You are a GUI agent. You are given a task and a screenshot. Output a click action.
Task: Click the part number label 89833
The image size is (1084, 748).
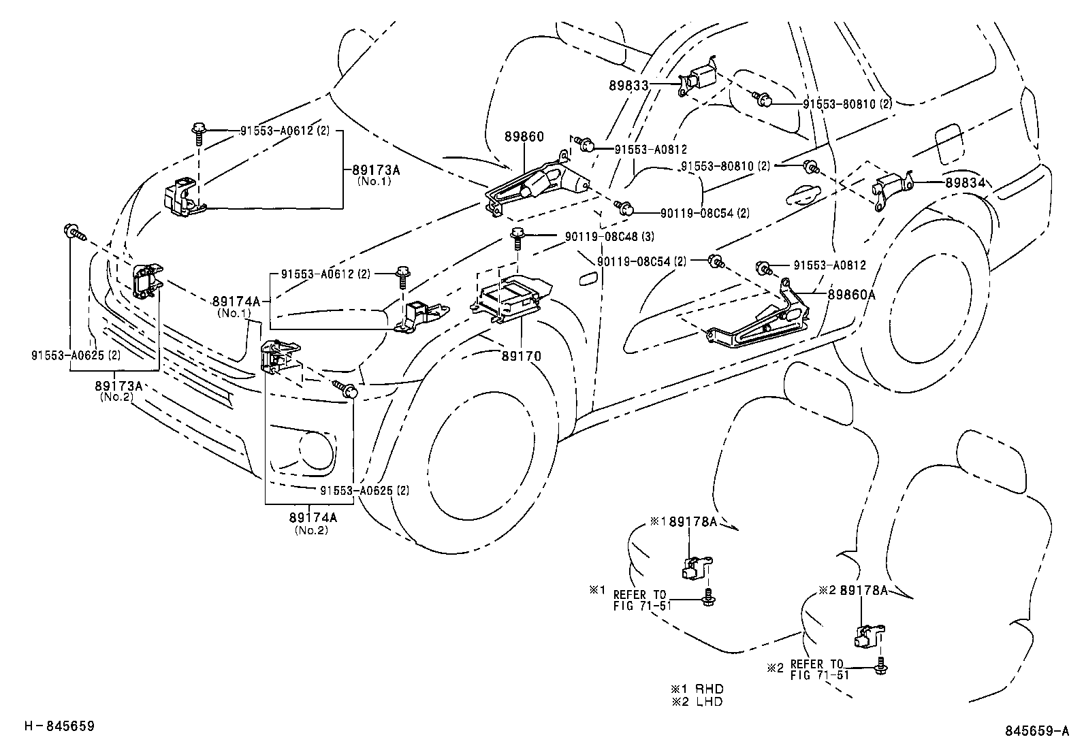click(628, 86)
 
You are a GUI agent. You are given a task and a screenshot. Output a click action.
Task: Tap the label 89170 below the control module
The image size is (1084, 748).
click(522, 355)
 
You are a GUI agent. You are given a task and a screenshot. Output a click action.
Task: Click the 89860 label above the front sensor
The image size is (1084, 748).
click(524, 137)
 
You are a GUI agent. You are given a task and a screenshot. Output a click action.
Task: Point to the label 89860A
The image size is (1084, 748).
click(851, 294)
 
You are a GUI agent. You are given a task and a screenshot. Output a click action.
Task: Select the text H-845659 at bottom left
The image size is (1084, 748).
click(59, 726)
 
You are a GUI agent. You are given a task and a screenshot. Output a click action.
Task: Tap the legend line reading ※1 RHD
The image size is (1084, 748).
click(697, 689)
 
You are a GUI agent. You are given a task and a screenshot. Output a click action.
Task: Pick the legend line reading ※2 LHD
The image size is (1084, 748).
click(697, 702)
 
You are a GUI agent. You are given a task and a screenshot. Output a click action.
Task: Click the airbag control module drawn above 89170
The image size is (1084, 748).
click(508, 299)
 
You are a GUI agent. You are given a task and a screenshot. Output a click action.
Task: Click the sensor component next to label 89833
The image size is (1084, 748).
click(699, 80)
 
